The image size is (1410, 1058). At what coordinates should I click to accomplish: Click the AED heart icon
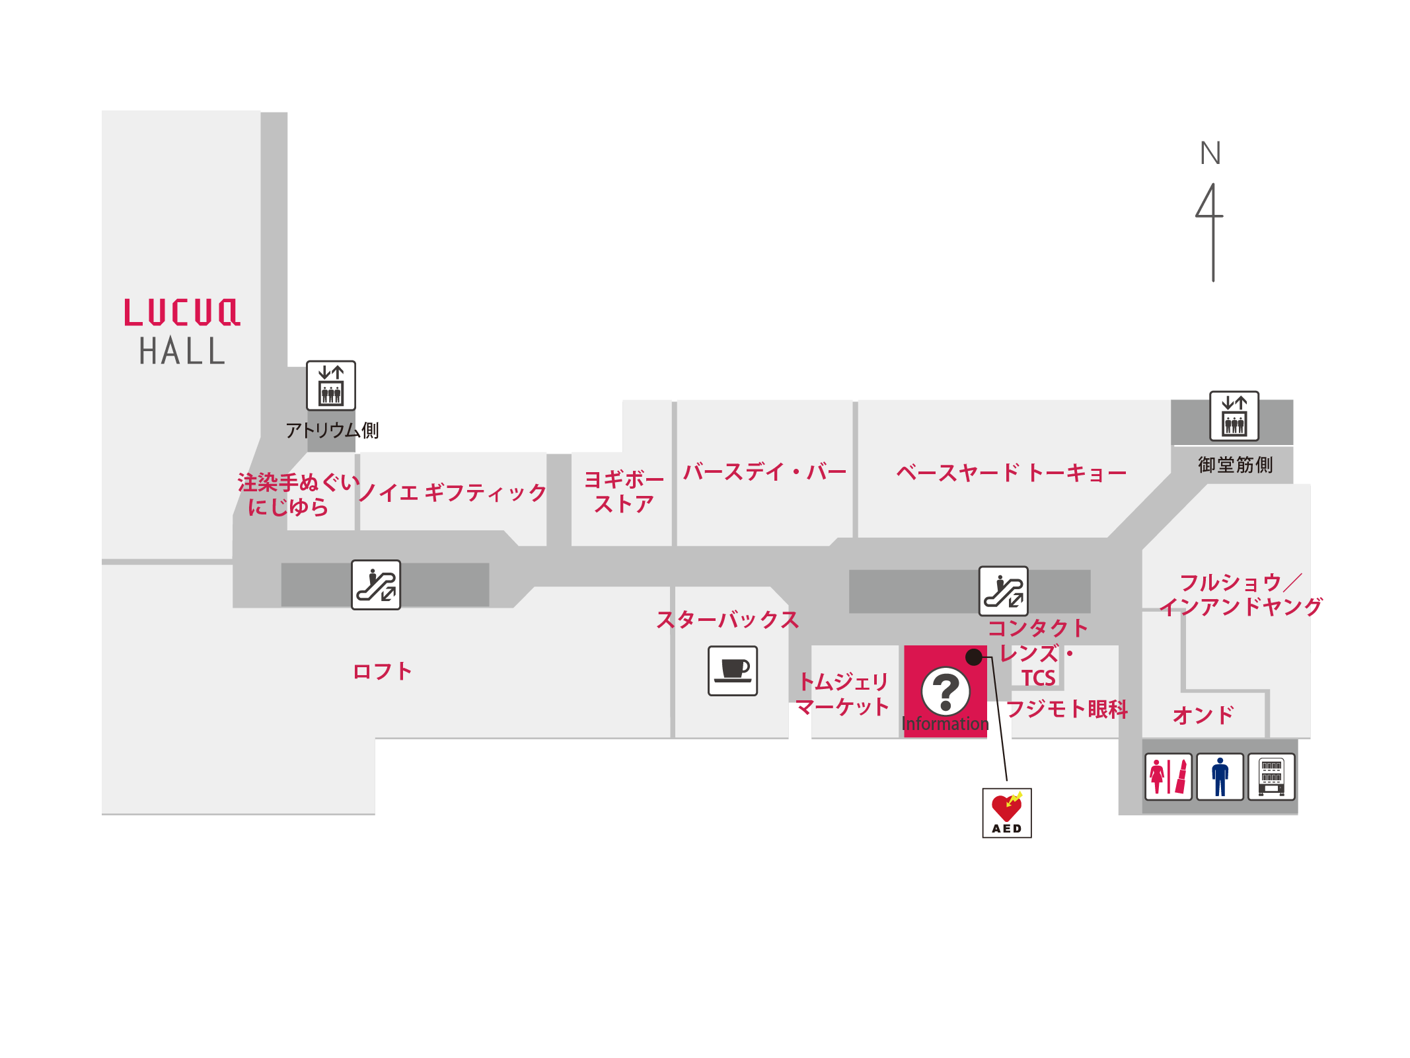1006,813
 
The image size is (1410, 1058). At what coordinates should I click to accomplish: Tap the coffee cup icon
733,671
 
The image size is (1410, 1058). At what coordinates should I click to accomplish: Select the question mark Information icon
946,691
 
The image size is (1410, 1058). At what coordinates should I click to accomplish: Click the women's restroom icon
1168,776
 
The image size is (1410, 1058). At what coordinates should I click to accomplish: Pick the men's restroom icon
1220,776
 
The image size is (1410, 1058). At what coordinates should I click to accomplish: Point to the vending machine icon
1271,776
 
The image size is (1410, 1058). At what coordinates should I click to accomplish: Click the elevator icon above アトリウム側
331,386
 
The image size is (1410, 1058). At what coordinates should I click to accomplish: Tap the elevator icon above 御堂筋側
1234,416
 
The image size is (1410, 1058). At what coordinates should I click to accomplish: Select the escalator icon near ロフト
376,585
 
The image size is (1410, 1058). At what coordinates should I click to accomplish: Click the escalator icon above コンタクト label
1003,590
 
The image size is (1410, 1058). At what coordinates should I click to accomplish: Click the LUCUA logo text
182,312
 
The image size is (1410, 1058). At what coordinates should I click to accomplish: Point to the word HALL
182,350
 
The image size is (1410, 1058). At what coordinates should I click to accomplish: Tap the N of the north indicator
1210,153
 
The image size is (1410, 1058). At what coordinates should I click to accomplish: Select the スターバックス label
727,620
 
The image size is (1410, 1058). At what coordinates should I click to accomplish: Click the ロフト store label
383,671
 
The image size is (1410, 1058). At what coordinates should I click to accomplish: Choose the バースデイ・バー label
764,472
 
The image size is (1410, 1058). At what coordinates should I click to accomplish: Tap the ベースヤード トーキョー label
1012,473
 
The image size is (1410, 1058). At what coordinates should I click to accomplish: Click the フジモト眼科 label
1066,709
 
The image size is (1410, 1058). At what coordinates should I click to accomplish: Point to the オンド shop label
1203,714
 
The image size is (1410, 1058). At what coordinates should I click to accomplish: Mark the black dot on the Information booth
974,657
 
